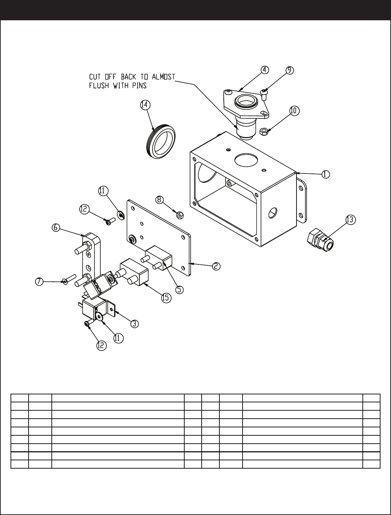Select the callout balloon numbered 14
pos(145,104)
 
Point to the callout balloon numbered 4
pos(265,70)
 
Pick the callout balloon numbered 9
pos(290,70)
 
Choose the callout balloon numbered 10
pos(294,111)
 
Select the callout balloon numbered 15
pos(165,298)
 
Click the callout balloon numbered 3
pos(134,323)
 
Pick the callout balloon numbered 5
pos(180,289)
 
